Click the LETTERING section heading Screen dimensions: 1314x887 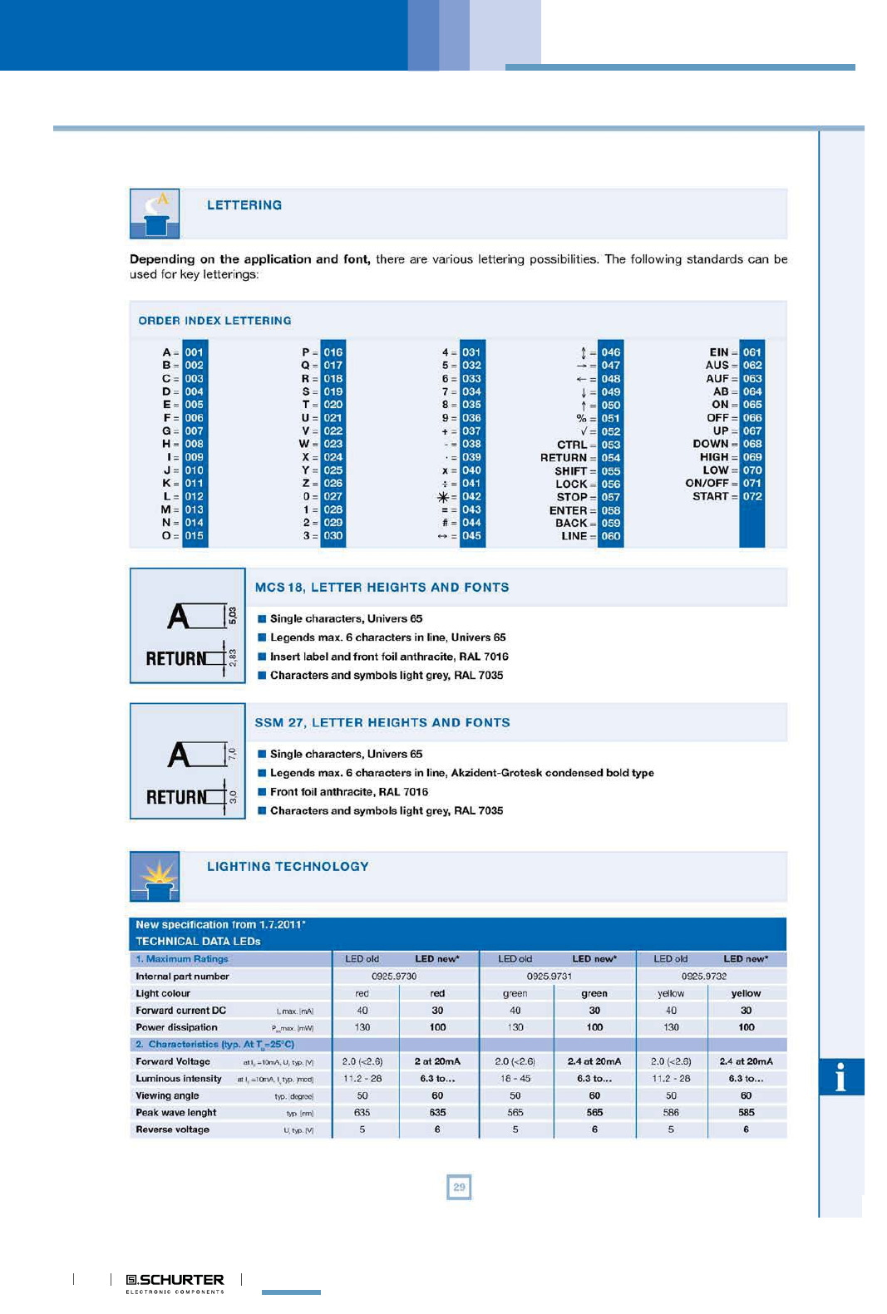pyautogui.click(x=244, y=205)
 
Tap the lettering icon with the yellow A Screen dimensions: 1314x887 pyautogui.click(x=155, y=214)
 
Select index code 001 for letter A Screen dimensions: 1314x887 pyautogui.click(x=194, y=352)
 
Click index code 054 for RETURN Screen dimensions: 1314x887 pyautogui.click(x=611, y=458)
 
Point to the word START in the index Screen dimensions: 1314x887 pyautogui.click(x=710, y=496)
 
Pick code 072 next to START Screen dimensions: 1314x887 pyautogui.click(x=752, y=496)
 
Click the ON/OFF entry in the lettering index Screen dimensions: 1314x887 pyautogui.click(x=707, y=483)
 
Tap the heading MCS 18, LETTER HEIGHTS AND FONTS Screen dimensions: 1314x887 pyautogui.click(x=382, y=588)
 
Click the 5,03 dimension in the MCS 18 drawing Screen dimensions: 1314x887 pyautogui.click(x=233, y=616)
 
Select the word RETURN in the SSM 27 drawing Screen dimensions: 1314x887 pyautogui.click(x=176, y=797)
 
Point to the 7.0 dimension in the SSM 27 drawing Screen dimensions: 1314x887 pyautogui.click(x=233, y=754)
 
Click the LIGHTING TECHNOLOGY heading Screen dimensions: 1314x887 pyautogui.click(x=288, y=867)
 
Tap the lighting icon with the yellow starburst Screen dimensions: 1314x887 pyautogui.click(x=155, y=876)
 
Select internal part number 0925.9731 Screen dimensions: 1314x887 pyautogui.click(x=549, y=977)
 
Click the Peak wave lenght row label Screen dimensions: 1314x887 pyautogui.click(x=176, y=1113)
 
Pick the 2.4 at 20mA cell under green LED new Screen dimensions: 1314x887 pyautogui.click(x=594, y=1061)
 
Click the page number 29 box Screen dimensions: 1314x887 pyautogui.click(x=459, y=1187)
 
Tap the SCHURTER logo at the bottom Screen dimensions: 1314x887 pyautogui.click(x=175, y=1281)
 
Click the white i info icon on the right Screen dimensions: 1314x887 pyautogui.click(x=840, y=1077)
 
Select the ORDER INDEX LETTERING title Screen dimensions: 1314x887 pyautogui.click(x=214, y=321)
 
